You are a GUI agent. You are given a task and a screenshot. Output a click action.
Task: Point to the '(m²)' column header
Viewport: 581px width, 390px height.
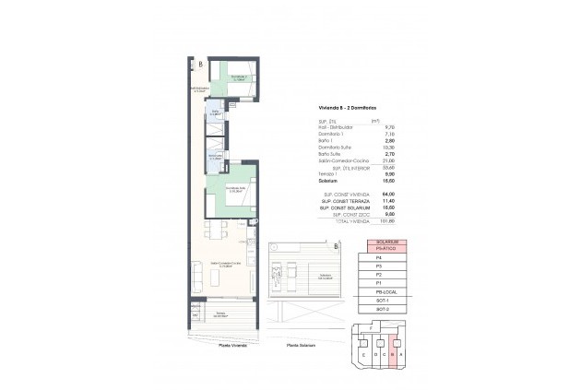pos(375,120)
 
